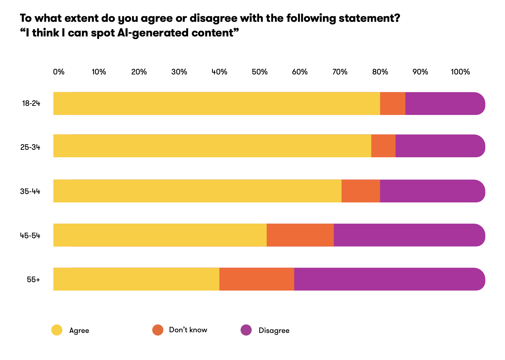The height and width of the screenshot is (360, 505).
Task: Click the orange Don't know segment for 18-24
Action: point(393,103)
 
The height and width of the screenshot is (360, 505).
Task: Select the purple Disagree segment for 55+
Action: point(389,279)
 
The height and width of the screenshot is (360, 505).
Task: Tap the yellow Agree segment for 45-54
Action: point(160,235)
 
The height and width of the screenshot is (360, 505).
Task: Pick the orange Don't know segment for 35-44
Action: point(361,191)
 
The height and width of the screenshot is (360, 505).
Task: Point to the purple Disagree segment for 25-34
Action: point(440,146)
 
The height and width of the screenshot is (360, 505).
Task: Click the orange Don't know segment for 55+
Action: point(257,279)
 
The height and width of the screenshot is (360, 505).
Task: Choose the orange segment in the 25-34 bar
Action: point(383,146)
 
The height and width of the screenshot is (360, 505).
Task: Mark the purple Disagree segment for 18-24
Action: point(445,103)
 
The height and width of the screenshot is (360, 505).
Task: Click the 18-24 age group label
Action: point(31,103)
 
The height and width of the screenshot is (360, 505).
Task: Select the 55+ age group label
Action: point(33,279)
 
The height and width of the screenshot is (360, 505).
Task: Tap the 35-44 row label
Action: point(30,191)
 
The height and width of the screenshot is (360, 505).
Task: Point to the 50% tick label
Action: point(260,72)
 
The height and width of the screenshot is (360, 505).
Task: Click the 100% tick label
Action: point(460,72)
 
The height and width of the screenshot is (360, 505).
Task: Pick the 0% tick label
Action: point(59,72)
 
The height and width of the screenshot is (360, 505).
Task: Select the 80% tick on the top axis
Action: point(380,72)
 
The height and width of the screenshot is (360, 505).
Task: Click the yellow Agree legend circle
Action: point(57,330)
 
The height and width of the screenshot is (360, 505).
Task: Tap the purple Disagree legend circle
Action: point(246,330)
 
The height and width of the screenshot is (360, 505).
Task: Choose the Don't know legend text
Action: point(188,330)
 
